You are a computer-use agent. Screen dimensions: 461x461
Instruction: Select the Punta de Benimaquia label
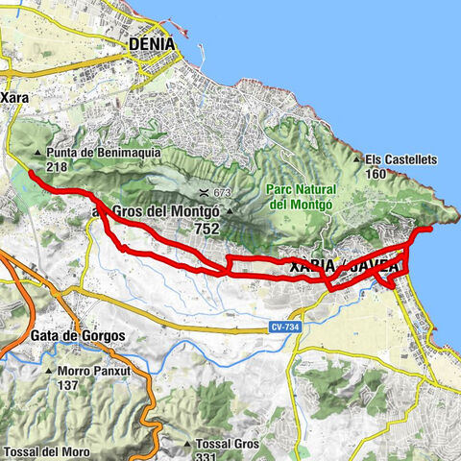pos(97,153)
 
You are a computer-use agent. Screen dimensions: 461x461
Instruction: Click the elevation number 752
pos(206,229)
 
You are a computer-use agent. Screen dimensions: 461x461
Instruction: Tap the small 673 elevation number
pos(224,192)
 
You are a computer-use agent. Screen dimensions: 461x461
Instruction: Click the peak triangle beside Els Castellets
pos(356,159)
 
